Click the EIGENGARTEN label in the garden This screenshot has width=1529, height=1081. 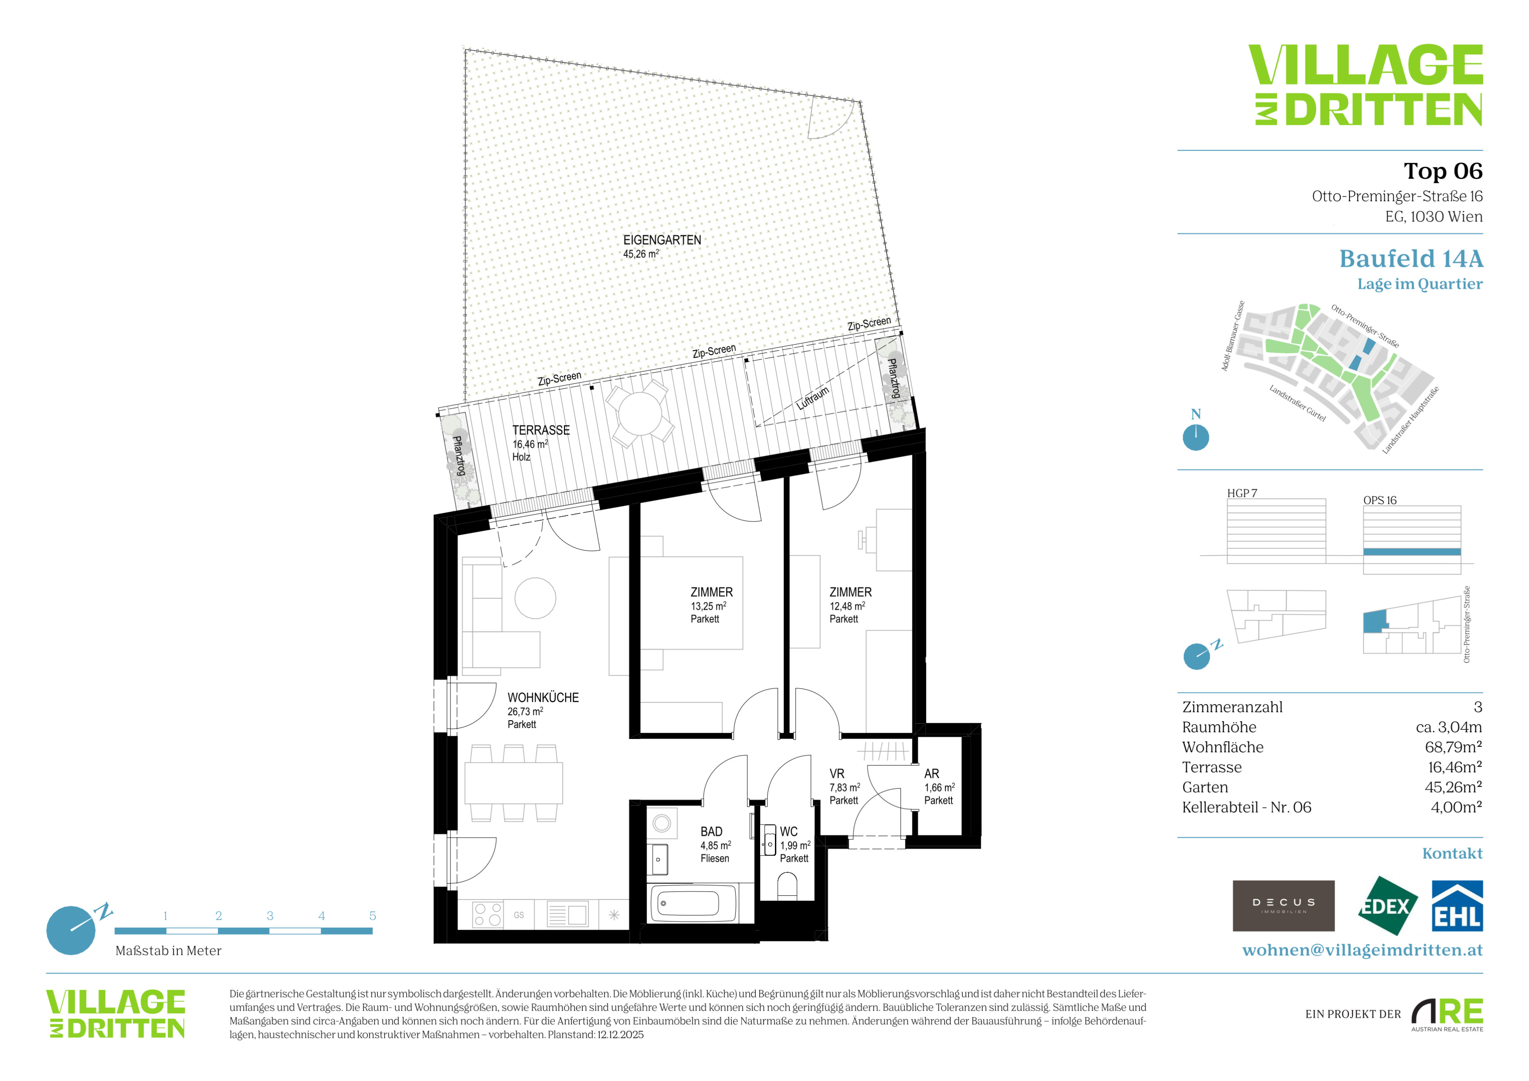pos(662,240)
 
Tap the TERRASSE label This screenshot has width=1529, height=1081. pos(541,431)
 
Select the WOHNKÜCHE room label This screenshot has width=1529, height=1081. pos(543,698)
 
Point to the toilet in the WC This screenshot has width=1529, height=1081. pos(787,886)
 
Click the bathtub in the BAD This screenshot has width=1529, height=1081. pos(692,903)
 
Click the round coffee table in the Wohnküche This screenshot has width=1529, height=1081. pos(535,598)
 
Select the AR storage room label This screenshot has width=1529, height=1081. pos(932,774)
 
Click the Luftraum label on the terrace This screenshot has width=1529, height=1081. pos(813,397)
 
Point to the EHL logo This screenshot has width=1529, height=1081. pos(1457,906)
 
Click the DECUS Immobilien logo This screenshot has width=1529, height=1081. pos(1283,906)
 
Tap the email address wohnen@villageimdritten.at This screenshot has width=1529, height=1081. pos(1363,950)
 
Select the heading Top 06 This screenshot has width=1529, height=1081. pos(1443,171)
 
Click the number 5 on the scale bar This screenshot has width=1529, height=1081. pos(372,916)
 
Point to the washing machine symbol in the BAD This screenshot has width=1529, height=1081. pos(662,823)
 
